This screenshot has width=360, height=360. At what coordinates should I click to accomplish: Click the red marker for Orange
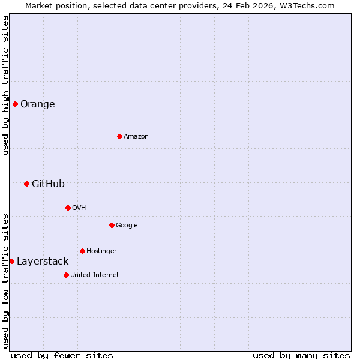coord(15,104)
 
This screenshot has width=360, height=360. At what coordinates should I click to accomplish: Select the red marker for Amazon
coord(119,136)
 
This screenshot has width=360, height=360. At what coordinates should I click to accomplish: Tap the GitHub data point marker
coord(26,184)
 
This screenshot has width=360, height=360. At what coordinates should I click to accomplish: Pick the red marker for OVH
coord(68,208)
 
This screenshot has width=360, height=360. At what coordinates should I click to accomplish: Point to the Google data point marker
coord(112,225)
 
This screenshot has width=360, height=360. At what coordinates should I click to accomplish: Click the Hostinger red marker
coord(82,251)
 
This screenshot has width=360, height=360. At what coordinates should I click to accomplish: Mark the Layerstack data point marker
coord(11,261)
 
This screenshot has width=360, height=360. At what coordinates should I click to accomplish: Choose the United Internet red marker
coord(66,275)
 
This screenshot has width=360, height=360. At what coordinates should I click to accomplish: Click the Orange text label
coord(37,104)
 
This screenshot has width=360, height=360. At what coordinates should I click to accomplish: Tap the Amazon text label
coord(136,136)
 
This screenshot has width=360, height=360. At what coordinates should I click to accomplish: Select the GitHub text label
coord(48,184)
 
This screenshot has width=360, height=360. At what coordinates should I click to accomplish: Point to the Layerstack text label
coord(43,261)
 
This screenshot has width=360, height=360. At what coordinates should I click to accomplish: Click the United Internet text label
coord(94,275)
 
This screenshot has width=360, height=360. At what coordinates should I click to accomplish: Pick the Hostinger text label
coord(101,251)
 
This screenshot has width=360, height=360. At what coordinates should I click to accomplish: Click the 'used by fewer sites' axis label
coord(62,355)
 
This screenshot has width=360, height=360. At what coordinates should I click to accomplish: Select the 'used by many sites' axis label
coord(301,355)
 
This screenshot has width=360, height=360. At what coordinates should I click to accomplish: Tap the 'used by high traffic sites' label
coord(5,85)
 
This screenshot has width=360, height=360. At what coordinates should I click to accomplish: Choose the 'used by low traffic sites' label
coord(5,280)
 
